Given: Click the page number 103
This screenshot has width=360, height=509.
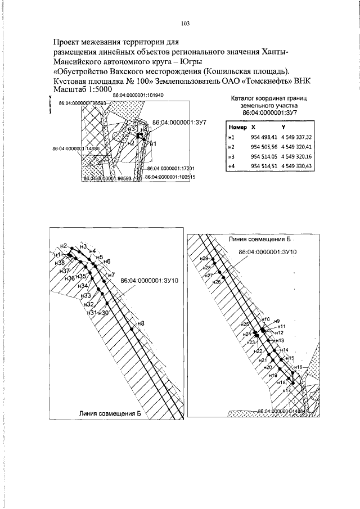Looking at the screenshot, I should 186,24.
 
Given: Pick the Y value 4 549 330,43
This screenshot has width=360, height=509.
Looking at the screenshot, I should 296,166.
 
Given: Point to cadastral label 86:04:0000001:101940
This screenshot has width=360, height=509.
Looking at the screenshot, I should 138,96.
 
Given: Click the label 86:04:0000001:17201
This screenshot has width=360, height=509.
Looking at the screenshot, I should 170,168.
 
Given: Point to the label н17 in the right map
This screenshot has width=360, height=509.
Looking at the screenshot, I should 286,390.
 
